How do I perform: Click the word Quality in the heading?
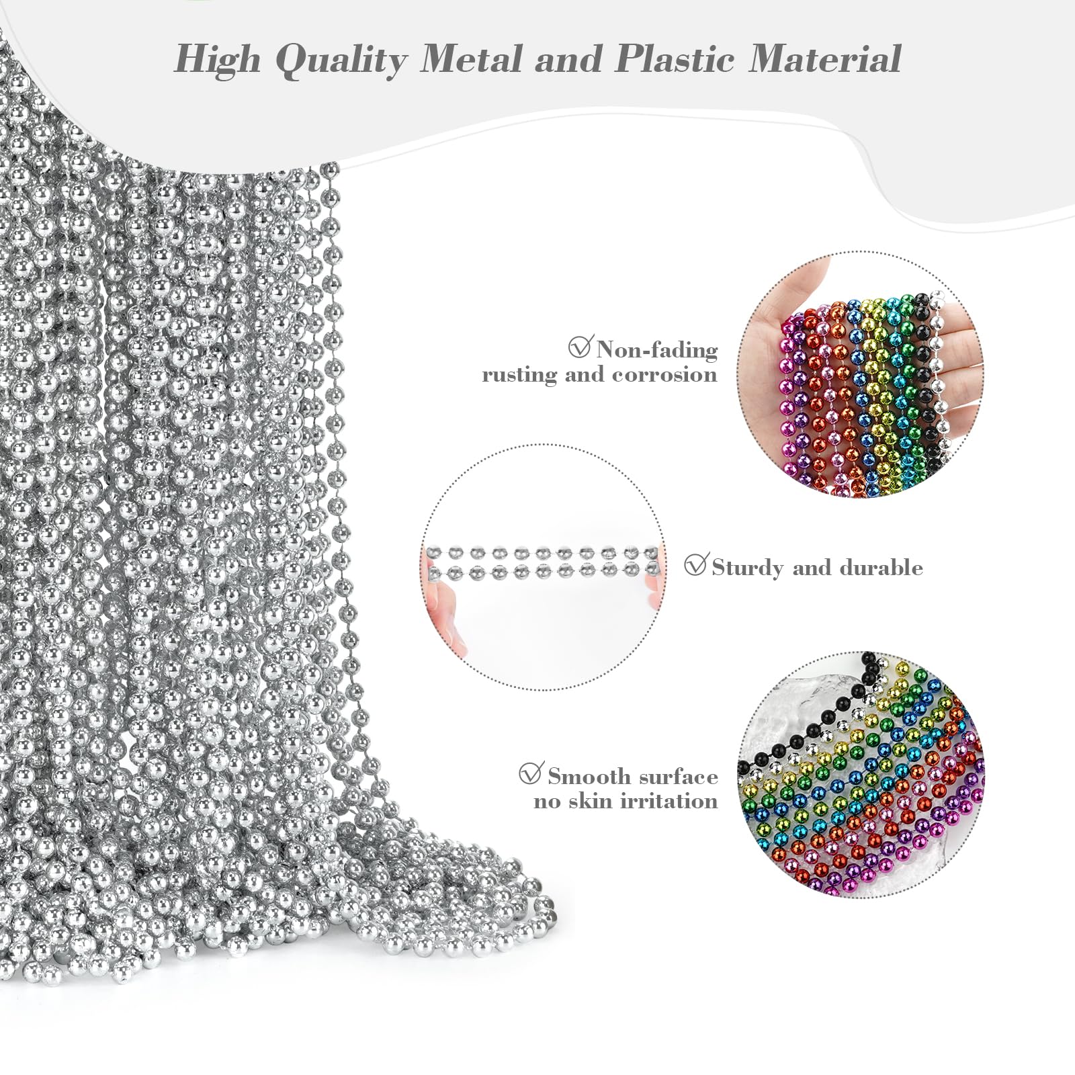(x=341, y=60)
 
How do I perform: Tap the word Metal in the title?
(x=471, y=58)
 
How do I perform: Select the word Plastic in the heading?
(x=674, y=58)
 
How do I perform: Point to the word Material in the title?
(x=825, y=58)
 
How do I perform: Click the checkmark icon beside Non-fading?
(x=579, y=347)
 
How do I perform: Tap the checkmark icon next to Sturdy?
(x=695, y=565)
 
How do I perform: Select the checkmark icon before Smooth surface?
(x=531, y=773)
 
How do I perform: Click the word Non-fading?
(x=657, y=349)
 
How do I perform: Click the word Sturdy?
(x=747, y=568)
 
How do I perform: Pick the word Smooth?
(x=588, y=777)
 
